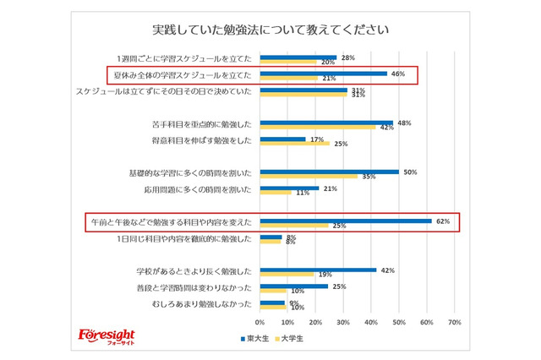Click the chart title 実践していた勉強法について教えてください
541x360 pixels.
coord(270,30)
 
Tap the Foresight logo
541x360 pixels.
coord(106,335)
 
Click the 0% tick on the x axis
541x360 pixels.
coord(260,322)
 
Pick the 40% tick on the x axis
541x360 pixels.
coord(370,322)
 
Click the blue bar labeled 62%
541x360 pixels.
coord(346,221)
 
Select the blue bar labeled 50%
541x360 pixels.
coord(329,172)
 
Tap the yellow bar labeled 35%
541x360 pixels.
coord(308,177)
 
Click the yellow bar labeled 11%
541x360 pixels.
coord(275,193)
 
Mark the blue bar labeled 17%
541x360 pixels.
coord(283,139)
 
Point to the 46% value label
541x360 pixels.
coord(398,74)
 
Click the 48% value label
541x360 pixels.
coord(403,123)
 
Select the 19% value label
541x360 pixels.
coord(325,275)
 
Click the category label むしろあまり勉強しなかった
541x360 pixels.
coord(201,303)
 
